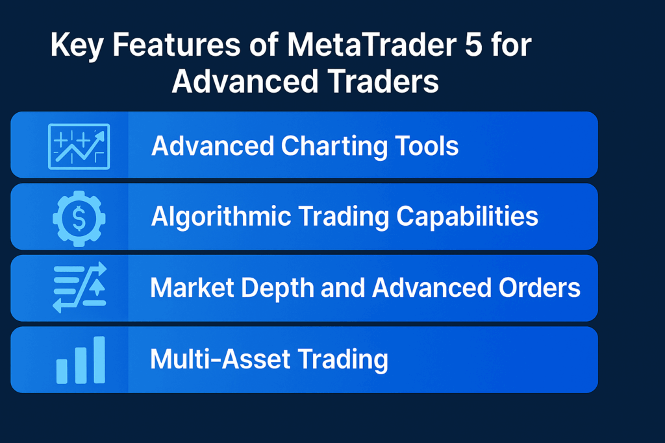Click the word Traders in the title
click(375, 84)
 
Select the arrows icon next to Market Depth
click(79, 289)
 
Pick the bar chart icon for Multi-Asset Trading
click(81, 360)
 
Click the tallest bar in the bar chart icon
click(99, 359)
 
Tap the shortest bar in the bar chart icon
click(62, 370)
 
